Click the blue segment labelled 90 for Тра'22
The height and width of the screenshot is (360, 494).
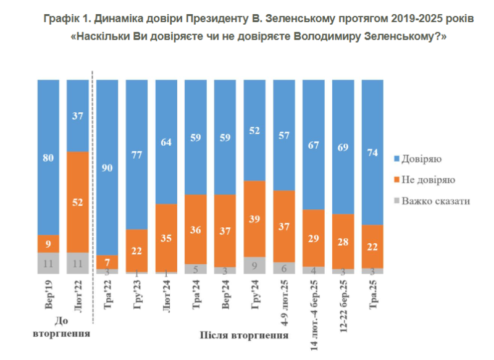[x=107, y=167]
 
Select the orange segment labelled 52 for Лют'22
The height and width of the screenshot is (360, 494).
[x=77, y=201]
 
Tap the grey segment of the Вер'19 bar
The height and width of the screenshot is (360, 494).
[x=48, y=262]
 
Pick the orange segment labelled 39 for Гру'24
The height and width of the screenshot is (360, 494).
[x=255, y=219]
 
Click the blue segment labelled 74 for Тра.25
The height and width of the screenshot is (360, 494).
[x=372, y=152]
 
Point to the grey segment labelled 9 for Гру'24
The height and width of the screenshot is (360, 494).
[x=255, y=265]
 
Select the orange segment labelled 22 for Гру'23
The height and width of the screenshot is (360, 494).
[x=137, y=250]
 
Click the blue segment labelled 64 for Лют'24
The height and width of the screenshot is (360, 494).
[x=167, y=142]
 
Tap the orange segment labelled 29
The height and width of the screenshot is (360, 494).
[x=314, y=238]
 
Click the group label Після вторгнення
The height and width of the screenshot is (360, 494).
[x=245, y=336]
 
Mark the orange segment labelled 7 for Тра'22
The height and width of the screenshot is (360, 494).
[x=107, y=261]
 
